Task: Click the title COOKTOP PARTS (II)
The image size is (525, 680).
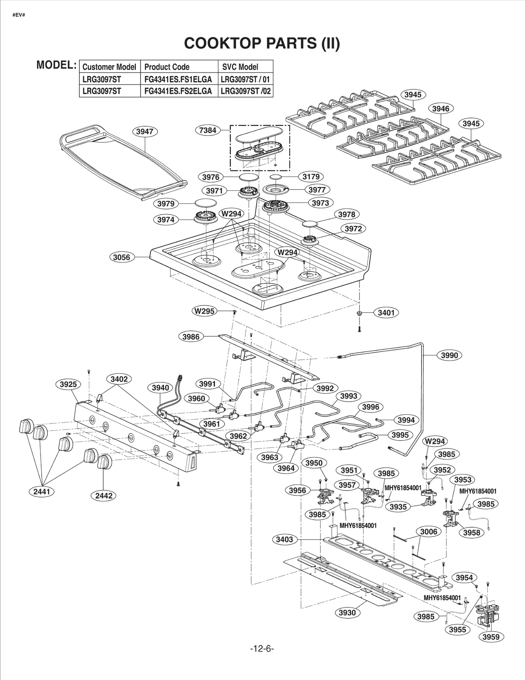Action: click(x=262, y=43)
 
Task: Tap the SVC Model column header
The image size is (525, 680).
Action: click(x=240, y=67)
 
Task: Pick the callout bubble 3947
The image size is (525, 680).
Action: click(x=145, y=132)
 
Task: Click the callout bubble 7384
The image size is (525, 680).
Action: click(x=208, y=130)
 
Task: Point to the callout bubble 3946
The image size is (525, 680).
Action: click(x=441, y=109)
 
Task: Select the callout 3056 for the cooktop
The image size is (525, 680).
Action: click(x=122, y=257)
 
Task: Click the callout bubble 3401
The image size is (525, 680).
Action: click(x=386, y=313)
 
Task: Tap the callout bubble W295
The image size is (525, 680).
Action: click(x=204, y=311)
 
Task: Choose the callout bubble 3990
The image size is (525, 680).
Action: click(x=449, y=355)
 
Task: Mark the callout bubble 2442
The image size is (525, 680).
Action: click(x=104, y=496)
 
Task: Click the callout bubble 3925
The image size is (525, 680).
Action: click(x=68, y=384)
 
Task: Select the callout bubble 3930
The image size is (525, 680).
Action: click(x=347, y=613)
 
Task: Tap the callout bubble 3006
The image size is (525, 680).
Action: click(x=429, y=531)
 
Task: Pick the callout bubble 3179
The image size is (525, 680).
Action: click(x=311, y=177)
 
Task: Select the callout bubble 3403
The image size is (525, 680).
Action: click(x=284, y=539)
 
